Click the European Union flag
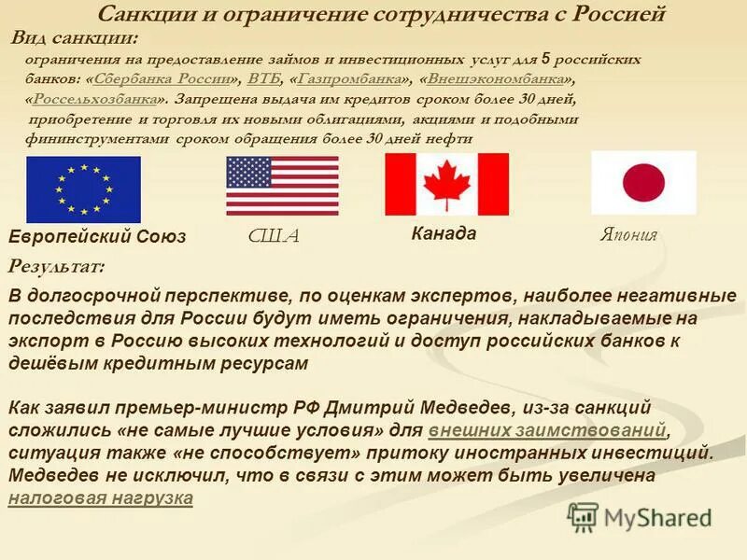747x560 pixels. click(83, 189)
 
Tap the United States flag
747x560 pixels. click(282, 186)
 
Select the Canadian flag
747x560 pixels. click(446, 184)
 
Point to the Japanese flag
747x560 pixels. click(643, 183)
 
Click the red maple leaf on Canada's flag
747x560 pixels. click(446, 183)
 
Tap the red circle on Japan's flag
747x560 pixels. click(643, 183)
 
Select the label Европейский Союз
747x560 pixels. click(97, 236)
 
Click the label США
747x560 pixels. click(274, 236)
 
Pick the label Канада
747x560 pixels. click(444, 233)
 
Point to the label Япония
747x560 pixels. click(628, 235)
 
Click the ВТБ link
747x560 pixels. click(263, 78)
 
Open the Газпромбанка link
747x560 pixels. click(351, 78)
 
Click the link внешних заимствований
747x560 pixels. click(548, 431)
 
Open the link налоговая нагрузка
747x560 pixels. click(100, 498)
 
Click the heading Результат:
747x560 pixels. click(56, 266)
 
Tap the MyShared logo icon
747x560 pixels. click(583, 516)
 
